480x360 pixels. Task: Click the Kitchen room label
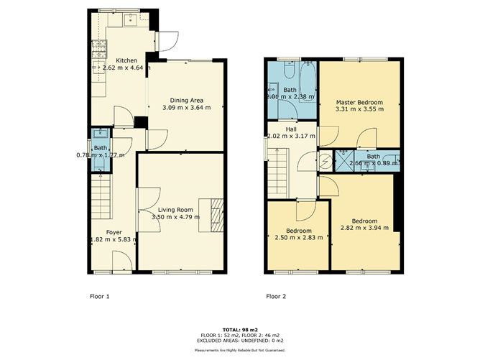[x=127, y=60]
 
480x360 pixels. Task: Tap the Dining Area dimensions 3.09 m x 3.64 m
[x=188, y=108]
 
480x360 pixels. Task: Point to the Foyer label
[x=114, y=232]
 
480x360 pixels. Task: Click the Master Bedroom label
[x=360, y=103]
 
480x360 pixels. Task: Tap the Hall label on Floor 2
[x=291, y=129]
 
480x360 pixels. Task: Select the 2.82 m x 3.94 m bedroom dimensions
[x=364, y=228]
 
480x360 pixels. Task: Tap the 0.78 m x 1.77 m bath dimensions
[x=101, y=154]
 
